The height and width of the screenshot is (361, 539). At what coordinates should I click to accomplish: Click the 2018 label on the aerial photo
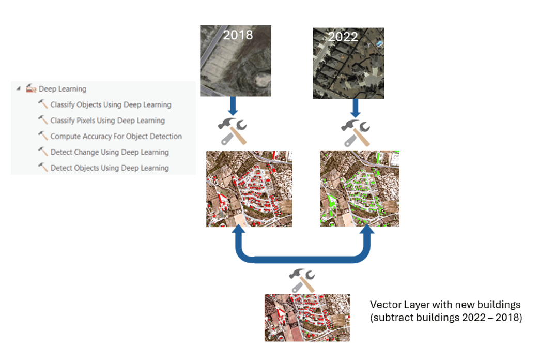tap(238, 35)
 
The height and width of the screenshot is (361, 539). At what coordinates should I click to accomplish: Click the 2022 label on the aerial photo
tap(343, 37)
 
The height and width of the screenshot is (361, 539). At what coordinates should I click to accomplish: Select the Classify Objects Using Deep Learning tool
tap(111, 104)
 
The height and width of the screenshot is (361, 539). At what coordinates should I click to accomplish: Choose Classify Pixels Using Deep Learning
tap(107, 121)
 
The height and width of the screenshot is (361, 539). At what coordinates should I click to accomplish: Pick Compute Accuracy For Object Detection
tap(116, 137)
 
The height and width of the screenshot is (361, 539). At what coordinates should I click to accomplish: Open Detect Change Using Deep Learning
tap(110, 152)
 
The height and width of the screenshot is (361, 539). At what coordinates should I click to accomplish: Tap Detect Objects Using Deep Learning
tap(110, 168)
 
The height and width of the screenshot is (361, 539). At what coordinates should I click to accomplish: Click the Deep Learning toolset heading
tap(63, 89)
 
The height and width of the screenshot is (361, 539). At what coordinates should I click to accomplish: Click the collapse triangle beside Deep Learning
tap(19, 88)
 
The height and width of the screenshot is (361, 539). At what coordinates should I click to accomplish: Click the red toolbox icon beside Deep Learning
tap(31, 88)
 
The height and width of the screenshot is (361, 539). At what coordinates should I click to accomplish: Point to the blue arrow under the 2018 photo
tap(233, 107)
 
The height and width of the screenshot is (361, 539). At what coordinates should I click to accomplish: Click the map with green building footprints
tap(360, 188)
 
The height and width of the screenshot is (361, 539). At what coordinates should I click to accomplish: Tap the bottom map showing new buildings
tap(307, 318)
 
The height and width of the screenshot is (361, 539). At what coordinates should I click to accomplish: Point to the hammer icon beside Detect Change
tap(43, 152)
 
